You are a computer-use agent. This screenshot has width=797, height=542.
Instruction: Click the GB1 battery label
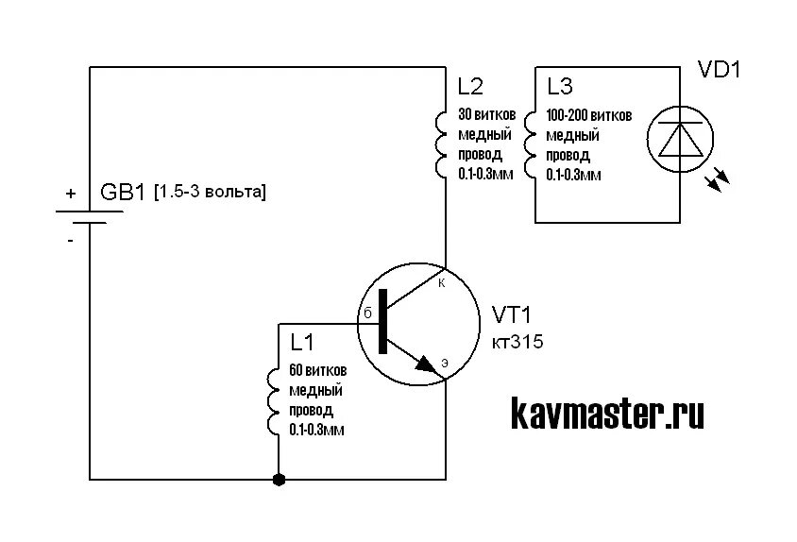tap(123, 193)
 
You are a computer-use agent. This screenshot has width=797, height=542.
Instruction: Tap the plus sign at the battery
tap(70, 193)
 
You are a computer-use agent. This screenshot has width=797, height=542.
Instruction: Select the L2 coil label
tap(470, 87)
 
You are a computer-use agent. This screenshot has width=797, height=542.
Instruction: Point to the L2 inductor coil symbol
tap(442, 144)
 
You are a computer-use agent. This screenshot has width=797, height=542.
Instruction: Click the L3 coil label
tap(560, 87)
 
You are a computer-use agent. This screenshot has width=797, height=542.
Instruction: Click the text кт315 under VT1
tap(517, 343)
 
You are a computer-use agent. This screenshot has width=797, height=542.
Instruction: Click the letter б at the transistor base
tap(368, 313)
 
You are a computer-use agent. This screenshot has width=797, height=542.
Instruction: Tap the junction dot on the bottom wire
tap(279, 480)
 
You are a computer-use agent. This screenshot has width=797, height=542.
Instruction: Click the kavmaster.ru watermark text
tap(607, 414)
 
